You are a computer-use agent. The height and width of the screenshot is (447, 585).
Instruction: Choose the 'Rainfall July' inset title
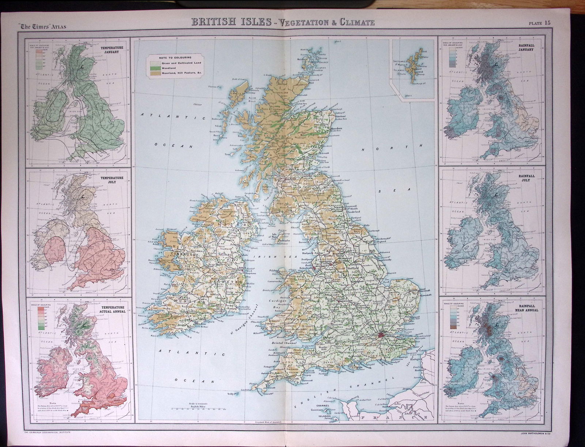pyautogui.click(x=539, y=178)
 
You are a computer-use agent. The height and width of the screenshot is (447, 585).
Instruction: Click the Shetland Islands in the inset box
pyautogui.click(x=419, y=66)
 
